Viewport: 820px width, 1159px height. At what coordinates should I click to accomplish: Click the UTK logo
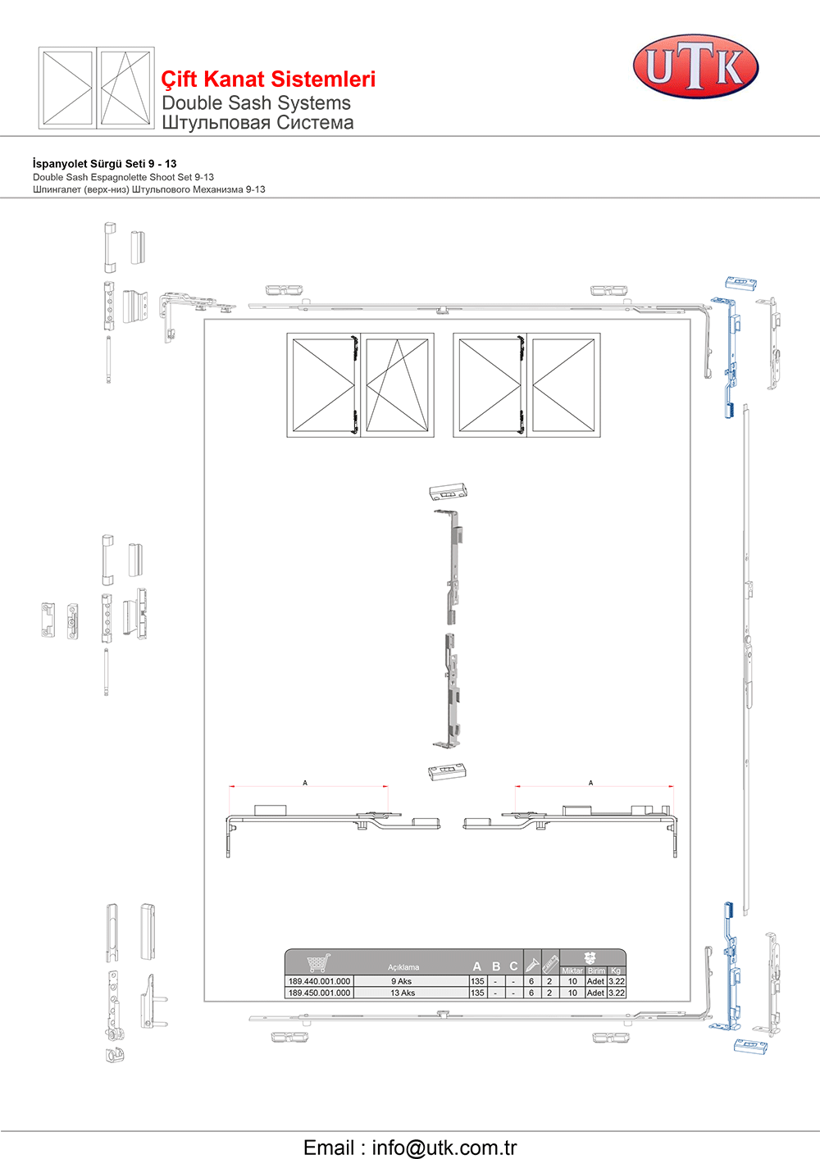click(x=695, y=66)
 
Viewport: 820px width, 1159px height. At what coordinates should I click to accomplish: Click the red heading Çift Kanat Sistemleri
click(x=268, y=80)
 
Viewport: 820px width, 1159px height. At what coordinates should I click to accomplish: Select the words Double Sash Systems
click(x=256, y=103)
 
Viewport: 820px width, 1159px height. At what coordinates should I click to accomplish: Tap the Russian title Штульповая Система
click(x=257, y=123)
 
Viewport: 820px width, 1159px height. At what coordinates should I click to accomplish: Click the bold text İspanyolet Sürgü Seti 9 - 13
click(x=105, y=163)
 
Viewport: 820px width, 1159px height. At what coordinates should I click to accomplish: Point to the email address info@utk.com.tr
click(x=444, y=1147)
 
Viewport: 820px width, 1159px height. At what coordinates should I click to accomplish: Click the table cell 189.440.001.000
click(x=320, y=981)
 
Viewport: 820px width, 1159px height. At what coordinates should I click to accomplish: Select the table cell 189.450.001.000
click(x=320, y=993)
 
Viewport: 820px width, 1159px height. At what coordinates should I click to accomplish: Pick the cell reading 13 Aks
click(x=403, y=993)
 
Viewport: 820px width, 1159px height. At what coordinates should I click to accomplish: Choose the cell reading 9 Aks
click(x=401, y=981)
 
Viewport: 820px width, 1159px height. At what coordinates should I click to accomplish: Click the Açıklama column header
click(x=403, y=967)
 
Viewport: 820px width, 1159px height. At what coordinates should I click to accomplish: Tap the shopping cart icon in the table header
click(x=318, y=963)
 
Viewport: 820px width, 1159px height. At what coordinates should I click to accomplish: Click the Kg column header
click(x=616, y=970)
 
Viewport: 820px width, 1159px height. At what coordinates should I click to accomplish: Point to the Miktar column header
click(x=572, y=970)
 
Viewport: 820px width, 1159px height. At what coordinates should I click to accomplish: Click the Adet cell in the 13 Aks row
click(x=595, y=993)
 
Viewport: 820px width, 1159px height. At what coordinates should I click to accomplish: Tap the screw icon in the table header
click(x=532, y=964)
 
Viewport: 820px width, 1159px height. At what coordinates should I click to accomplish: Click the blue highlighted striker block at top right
click(x=740, y=283)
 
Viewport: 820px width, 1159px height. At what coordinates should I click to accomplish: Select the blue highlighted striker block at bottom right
click(x=750, y=1046)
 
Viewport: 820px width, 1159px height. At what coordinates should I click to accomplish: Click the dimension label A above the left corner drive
click(x=305, y=783)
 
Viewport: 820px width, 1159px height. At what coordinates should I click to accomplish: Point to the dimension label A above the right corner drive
click(x=590, y=783)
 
